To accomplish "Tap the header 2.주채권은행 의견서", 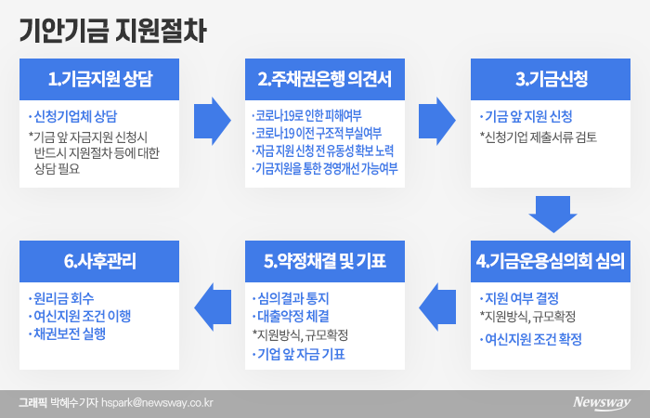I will [x=324, y=80].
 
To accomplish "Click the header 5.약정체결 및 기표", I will [x=324, y=259].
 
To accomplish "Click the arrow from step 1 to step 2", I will [x=212, y=117].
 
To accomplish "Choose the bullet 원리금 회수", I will [x=65, y=300].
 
